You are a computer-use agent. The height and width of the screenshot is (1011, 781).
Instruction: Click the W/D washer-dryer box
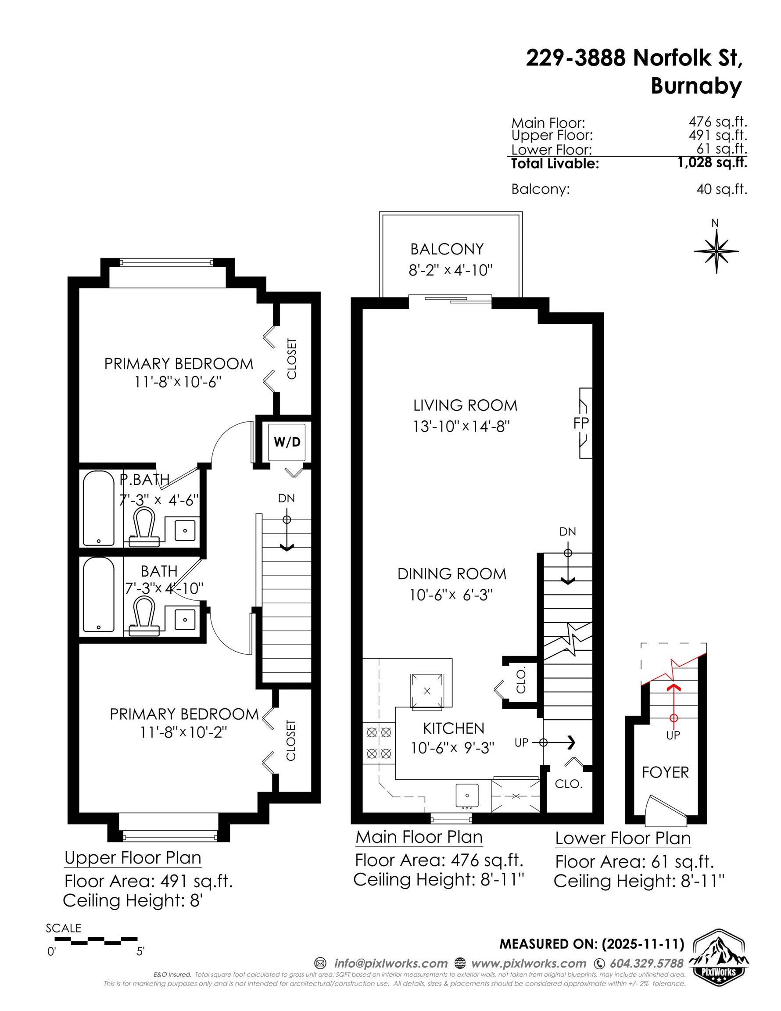point(287,442)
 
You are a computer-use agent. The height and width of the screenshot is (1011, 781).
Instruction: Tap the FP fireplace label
point(581,423)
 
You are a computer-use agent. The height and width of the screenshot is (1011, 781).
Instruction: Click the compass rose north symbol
point(716,251)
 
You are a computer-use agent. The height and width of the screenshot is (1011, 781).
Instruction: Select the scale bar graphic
point(96,940)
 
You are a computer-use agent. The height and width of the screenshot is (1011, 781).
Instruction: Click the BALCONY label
point(447,249)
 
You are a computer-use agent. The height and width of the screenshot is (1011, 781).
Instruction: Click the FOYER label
point(665,772)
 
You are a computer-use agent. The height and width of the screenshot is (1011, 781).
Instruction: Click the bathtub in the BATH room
point(99,595)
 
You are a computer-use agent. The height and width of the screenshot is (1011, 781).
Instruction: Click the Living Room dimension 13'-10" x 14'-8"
point(461,426)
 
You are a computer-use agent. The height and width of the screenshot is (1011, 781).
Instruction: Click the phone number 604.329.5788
point(646,963)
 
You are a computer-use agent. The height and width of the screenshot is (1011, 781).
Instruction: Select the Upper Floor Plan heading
point(133,858)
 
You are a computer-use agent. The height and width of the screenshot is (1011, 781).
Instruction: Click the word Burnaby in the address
point(696,86)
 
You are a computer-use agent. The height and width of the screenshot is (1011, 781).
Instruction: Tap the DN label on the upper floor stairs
point(286,498)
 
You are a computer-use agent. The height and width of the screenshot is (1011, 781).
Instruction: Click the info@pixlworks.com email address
point(391,963)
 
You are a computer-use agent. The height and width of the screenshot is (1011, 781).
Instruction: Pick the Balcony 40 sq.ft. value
point(721,189)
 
